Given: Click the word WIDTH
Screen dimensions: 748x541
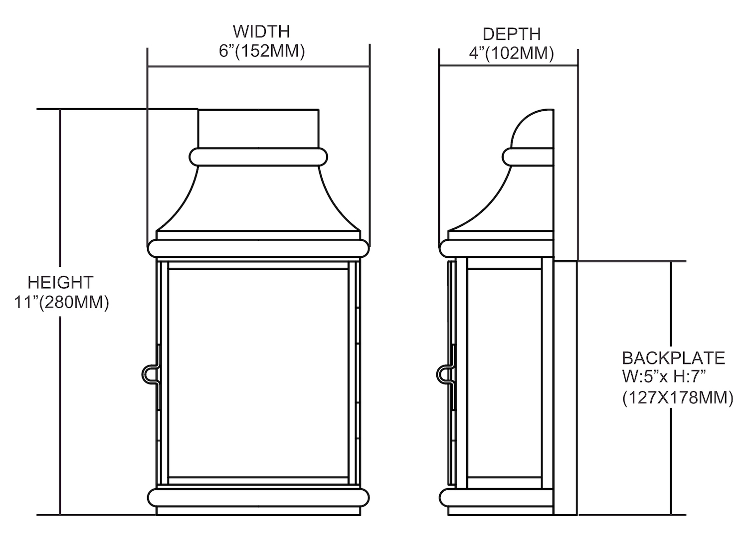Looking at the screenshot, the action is [261, 31].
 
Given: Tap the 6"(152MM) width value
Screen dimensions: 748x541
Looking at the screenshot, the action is [262, 51].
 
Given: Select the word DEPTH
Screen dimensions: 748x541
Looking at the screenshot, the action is [512, 34].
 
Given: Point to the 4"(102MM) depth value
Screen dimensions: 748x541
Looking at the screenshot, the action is [511, 53].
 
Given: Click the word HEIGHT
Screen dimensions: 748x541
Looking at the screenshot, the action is [60, 283].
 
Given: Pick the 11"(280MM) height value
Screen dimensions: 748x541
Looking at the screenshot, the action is [61, 303].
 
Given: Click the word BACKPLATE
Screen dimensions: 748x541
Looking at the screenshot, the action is [674, 359].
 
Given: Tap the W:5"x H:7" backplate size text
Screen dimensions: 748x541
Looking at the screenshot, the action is [664, 377].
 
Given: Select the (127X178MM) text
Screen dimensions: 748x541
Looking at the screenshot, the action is [678, 398].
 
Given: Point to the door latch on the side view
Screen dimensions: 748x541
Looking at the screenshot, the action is [446, 374].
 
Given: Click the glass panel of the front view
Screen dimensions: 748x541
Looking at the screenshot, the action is [258, 372].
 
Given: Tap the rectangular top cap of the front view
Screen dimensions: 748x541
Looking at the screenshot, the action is [258, 128].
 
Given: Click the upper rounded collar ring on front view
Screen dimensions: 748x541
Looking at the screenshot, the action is [258, 157].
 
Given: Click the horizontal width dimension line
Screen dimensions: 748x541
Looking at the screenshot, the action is [258, 67].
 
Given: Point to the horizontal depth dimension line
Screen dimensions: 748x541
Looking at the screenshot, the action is [508, 66].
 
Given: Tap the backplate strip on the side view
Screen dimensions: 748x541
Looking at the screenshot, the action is [565, 392].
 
